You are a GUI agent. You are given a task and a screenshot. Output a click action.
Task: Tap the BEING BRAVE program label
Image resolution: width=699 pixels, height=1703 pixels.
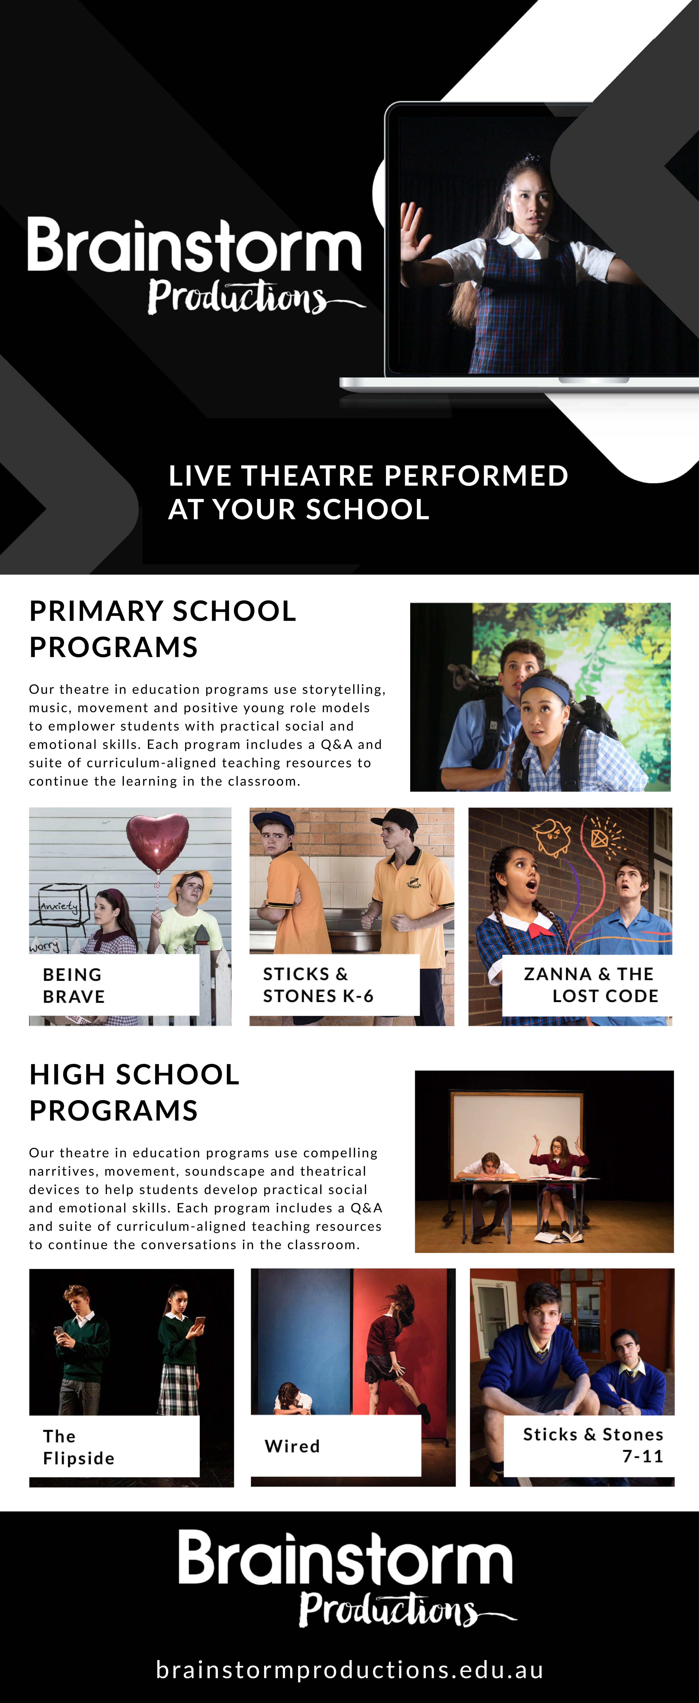[x=74, y=985]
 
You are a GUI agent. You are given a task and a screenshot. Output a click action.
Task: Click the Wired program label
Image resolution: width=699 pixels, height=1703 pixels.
[x=292, y=1446]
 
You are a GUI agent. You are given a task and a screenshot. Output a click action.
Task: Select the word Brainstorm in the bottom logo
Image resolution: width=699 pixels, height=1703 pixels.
[x=345, y=1559]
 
